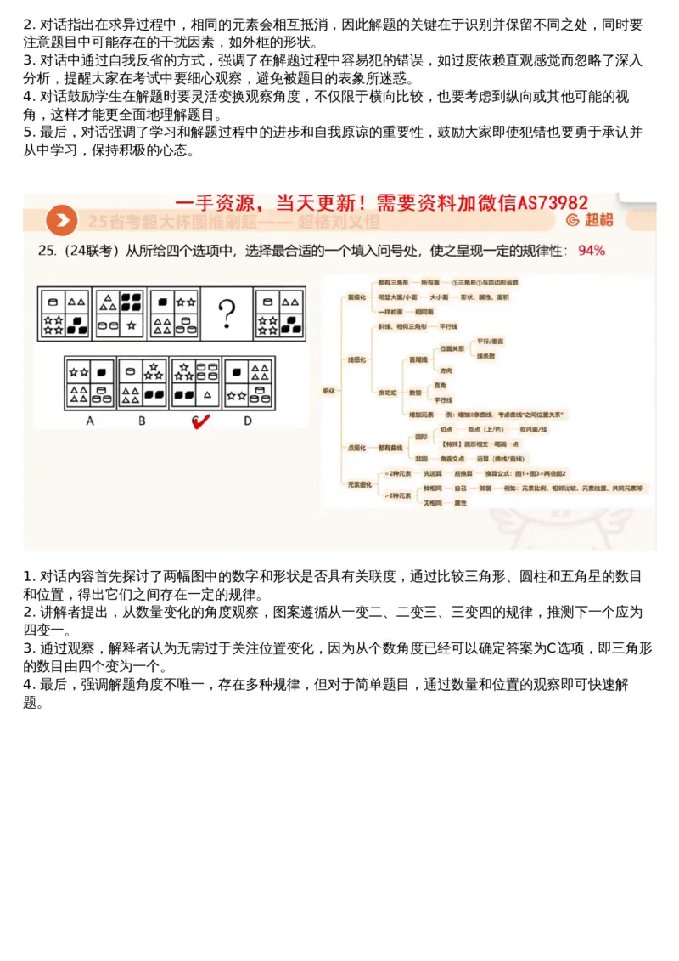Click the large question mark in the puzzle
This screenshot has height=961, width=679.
click(227, 314)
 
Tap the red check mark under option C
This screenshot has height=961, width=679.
click(200, 421)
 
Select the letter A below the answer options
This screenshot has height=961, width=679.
click(90, 421)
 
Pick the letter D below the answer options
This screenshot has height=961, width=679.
click(248, 421)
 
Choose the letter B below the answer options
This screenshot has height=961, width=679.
click(142, 421)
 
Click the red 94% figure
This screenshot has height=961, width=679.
click(592, 251)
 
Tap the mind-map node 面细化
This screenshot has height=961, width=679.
click(357, 297)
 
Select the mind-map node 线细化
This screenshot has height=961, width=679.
click(357, 359)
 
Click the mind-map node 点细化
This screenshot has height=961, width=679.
click(357, 447)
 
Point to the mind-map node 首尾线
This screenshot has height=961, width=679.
click(418, 359)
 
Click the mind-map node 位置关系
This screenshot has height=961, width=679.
click(452, 348)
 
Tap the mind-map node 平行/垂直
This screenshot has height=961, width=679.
click(491, 341)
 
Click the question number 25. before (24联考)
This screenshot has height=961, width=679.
click(47, 251)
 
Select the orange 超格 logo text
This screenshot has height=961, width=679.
click(599, 221)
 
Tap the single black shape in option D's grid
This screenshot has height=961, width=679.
click(235, 371)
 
